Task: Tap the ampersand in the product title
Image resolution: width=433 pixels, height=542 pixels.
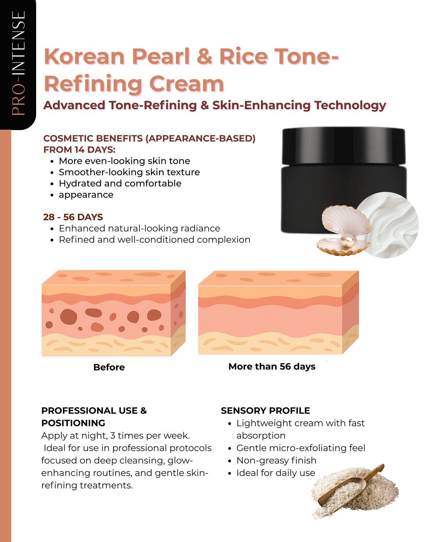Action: pyautogui.click(x=204, y=57)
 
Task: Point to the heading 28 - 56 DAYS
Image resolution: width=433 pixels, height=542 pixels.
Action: pyautogui.click(x=73, y=217)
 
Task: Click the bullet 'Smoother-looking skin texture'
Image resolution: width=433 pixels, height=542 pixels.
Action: pyautogui.click(x=129, y=172)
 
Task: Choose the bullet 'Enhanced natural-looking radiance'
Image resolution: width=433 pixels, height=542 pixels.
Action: pyautogui.click(x=139, y=229)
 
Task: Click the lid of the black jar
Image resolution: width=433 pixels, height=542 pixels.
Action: pyautogui.click(x=343, y=145)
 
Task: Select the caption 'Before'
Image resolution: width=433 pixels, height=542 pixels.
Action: pyautogui.click(x=109, y=367)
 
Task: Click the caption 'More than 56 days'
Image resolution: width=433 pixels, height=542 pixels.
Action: pyautogui.click(x=272, y=367)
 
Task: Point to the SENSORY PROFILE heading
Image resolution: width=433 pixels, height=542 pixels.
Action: pyautogui.click(x=265, y=411)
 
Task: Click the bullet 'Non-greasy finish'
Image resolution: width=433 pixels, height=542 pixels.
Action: pyautogui.click(x=276, y=461)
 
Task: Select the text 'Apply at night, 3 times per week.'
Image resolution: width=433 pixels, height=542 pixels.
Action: pyautogui.click(x=116, y=436)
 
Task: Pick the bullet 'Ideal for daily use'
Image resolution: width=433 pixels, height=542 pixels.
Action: pyautogui.click(x=276, y=473)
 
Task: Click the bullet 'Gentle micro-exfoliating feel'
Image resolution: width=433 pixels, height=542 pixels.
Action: pyautogui.click(x=301, y=448)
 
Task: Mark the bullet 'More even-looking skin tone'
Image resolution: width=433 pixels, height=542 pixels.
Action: pyautogui.click(x=124, y=161)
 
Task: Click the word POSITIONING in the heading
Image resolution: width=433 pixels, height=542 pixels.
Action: pyautogui.click(x=73, y=423)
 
